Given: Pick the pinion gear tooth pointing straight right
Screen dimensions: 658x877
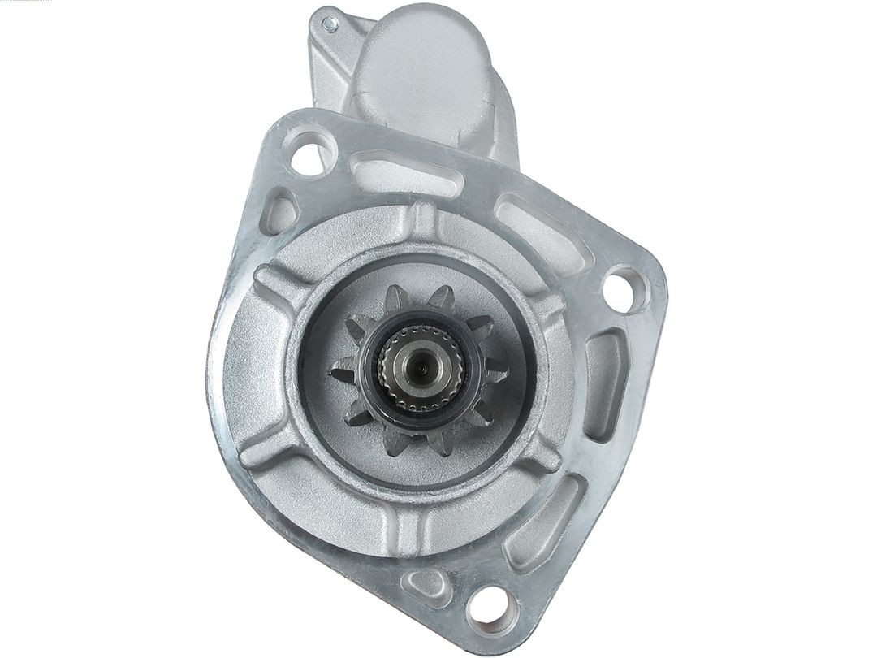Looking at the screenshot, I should point(497,375).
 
